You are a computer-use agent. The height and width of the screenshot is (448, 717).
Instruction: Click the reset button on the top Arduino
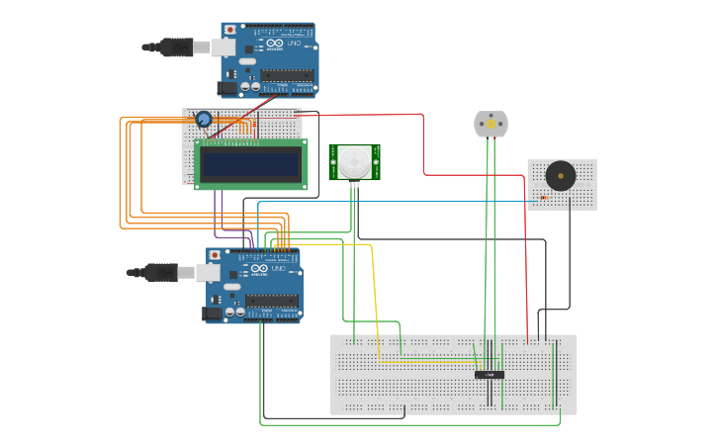pos(230,31)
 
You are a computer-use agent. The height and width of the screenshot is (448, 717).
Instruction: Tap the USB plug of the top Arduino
pos(178,46)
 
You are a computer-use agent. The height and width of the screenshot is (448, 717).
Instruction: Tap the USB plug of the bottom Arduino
pos(163,272)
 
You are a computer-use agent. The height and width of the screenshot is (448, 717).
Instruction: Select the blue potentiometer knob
pos(204,120)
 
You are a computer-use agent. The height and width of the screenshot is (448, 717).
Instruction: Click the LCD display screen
pos(250,164)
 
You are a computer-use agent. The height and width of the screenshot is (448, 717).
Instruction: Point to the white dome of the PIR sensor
pos(354,161)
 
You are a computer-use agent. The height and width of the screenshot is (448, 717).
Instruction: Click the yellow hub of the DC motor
pos(491,125)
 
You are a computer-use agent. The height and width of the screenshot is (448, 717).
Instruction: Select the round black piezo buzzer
pos(561,177)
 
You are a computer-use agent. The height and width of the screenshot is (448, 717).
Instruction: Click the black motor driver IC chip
pos(490,375)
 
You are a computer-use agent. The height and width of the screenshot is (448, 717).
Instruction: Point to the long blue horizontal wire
pos(396,202)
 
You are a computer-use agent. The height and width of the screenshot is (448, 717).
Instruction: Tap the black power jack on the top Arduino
pos(228,88)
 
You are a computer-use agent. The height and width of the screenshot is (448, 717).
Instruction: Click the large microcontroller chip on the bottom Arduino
pos(272,300)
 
